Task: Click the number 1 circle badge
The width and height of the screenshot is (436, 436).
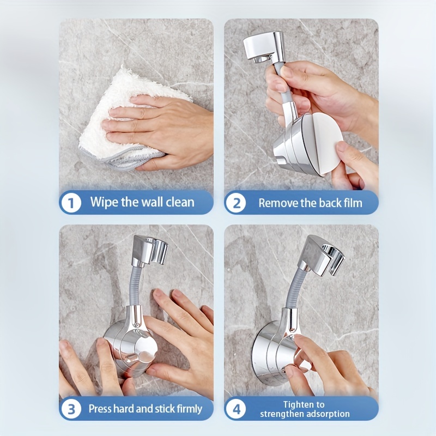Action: click(x=71, y=202)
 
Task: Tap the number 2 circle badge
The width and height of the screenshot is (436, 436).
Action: click(x=236, y=203)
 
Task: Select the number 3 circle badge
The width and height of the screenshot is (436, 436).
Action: click(x=71, y=409)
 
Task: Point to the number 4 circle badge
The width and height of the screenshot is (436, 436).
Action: click(x=236, y=409)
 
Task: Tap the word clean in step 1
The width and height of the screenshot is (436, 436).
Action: click(x=180, y=202)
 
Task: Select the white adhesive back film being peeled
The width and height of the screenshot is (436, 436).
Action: click(x=325, y=144)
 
